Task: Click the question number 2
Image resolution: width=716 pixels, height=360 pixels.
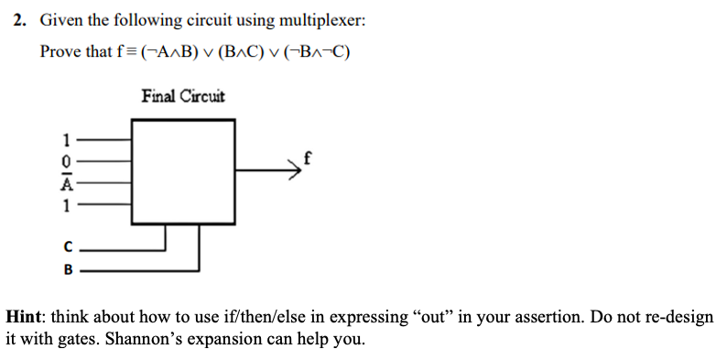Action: point(19,21)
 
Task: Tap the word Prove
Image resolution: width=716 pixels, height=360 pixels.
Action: point(60,51)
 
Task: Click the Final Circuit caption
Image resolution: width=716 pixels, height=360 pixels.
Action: point(183,96)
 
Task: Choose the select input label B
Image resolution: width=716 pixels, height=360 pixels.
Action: point(65,270)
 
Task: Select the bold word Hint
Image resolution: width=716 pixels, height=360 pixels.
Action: point(26,317)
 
